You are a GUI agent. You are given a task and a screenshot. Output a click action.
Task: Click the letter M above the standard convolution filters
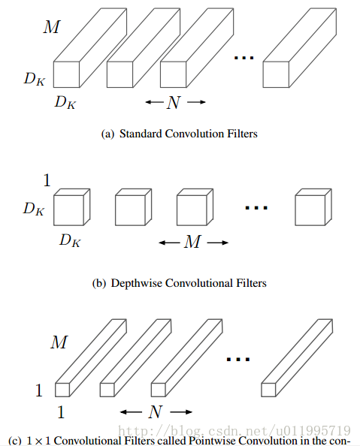tap(50, 28)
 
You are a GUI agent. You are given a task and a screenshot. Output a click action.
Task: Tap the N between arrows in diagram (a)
tap(174, 103)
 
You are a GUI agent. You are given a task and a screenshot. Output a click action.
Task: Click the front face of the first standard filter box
tap(65, 74)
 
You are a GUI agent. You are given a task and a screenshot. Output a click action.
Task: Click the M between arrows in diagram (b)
tap(193, 243)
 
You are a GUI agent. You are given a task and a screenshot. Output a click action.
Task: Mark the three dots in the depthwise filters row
tap(256, 206)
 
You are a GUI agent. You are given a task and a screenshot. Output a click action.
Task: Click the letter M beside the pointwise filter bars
tap(59, 343)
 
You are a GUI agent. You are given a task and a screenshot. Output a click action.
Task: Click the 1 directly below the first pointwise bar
tap(62, 411)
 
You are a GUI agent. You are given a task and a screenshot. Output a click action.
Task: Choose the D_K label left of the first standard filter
tap(34, 78)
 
